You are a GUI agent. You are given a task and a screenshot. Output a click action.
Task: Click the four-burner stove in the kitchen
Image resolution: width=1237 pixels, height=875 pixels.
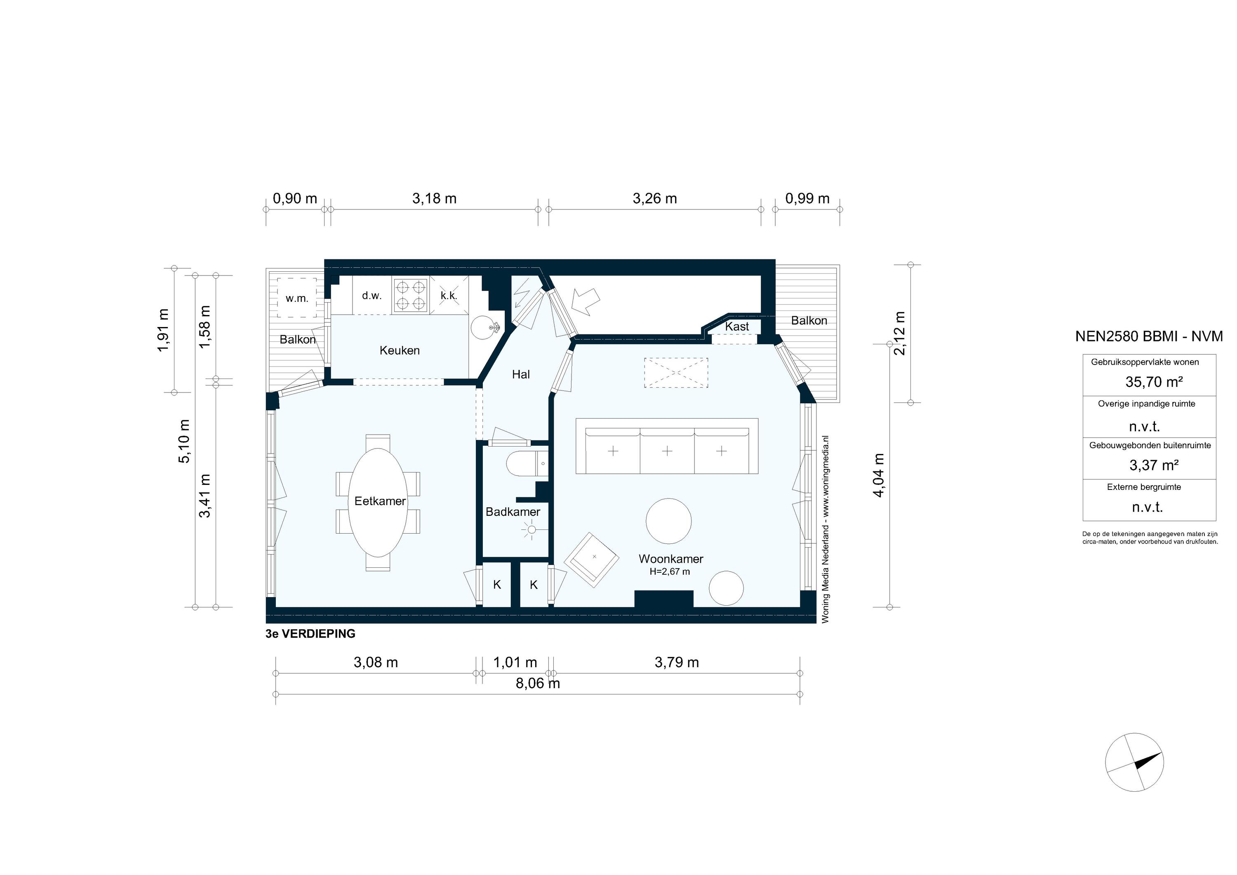tap(411, 295)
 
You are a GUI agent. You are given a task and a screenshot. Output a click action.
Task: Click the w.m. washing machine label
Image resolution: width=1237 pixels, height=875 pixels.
tap(297, 299)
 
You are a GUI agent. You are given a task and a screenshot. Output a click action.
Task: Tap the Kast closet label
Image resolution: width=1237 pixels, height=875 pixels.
tap(736, 327)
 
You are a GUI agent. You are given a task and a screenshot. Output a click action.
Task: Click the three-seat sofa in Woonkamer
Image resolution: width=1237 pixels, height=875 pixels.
tap(667, 450)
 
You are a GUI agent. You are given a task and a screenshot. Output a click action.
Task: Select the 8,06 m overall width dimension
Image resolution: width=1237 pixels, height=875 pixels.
tap(538, 683)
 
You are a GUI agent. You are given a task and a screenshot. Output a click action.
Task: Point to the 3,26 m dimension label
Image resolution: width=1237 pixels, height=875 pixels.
tap(655, 199)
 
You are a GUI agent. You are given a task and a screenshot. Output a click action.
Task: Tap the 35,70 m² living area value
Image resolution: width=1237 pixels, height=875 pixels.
tap(1153, 382)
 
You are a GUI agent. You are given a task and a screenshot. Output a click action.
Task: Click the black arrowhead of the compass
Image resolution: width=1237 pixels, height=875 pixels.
tap(1148, 761)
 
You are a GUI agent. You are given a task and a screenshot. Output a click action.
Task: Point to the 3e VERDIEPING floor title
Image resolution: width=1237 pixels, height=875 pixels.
tap(310, 634)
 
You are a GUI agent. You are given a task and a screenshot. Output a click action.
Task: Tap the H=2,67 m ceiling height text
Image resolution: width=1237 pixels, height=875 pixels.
tap(669, 572)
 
